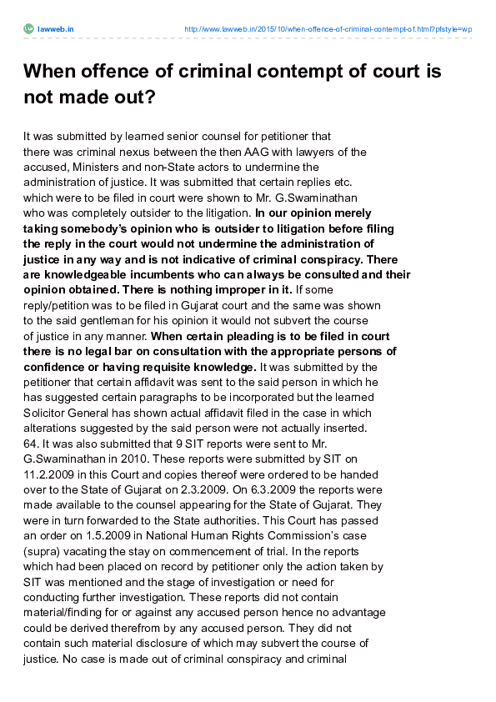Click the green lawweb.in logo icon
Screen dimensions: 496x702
point(28,29)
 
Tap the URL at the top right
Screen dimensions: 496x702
point(328,29)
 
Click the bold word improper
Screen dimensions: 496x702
point(234,289)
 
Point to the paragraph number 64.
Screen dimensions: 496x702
point(31,444)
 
